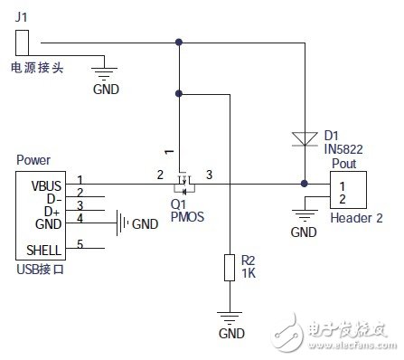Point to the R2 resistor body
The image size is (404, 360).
click(x=230, y=270)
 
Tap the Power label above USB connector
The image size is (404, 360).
click(x=33, y=160)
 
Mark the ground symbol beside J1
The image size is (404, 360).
click(x=106, y=74)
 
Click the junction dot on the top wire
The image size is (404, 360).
click(x=180, y=42)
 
